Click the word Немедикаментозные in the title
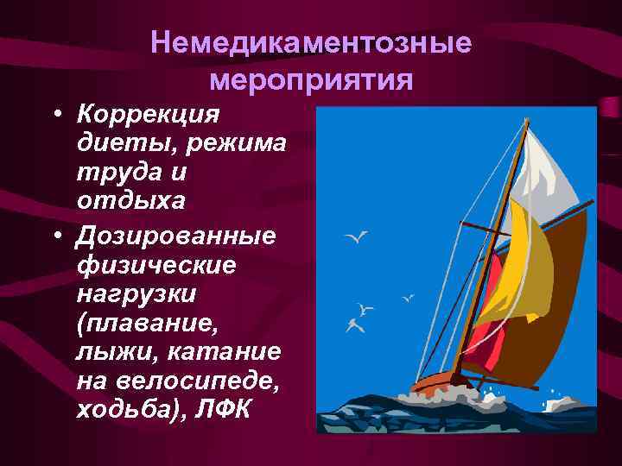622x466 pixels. [x=311, y=43]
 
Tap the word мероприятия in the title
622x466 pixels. [x=311, y=82]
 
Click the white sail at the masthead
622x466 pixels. [x=548, y=173]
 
